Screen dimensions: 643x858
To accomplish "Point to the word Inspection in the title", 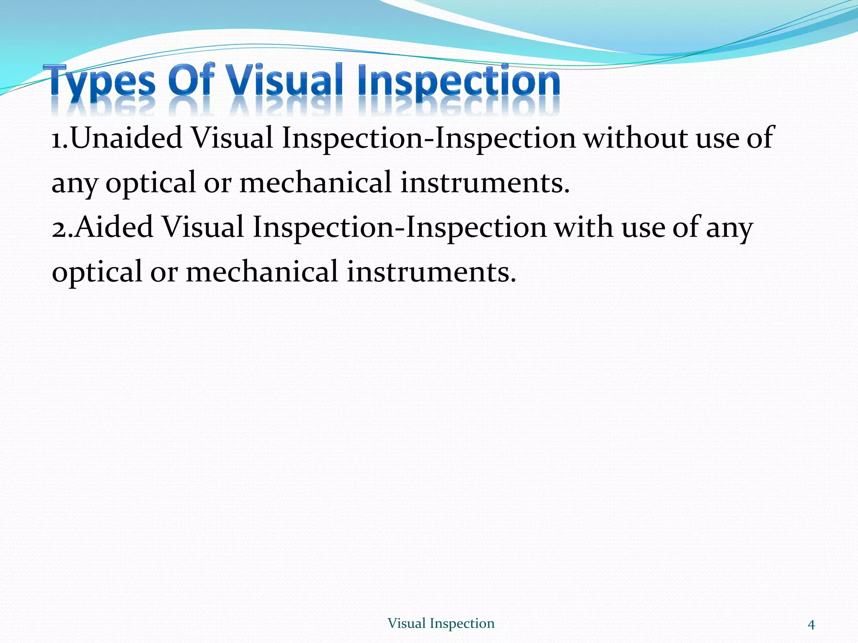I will pyautogui.click(x=459, y=82).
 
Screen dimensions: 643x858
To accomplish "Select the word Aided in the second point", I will pyautogui.click(x=114, y=227).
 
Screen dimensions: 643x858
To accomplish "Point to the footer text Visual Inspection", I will pyautogui.click(x=441, y=623).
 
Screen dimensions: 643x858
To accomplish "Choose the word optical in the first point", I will pyautogui.click(x=151, y=183).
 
